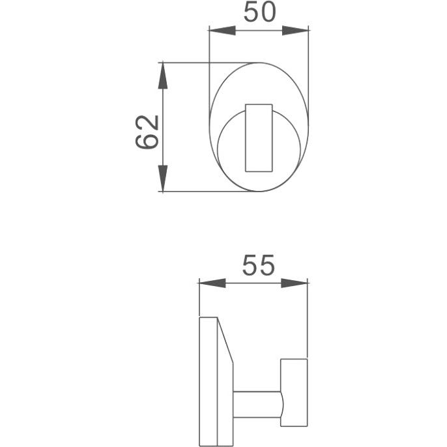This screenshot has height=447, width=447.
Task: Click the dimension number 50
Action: [x=260, y=12]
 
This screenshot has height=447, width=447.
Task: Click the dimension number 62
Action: [x=147, y=132]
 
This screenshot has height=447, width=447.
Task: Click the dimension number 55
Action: [x=259, y=265]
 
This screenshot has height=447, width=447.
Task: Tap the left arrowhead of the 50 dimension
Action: [x=222, y=30]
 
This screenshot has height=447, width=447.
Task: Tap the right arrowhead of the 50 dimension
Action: [x=295, y=30]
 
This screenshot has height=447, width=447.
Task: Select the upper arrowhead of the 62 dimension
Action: [x=162, y=76]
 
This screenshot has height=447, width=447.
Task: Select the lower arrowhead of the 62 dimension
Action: [x=162, y=178]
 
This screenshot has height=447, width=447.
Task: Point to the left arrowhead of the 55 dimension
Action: [x=212, y=283]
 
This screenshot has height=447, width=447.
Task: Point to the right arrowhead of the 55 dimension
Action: [x=295, y=283]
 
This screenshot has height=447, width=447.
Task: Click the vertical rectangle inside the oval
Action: [x=259, y=138]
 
